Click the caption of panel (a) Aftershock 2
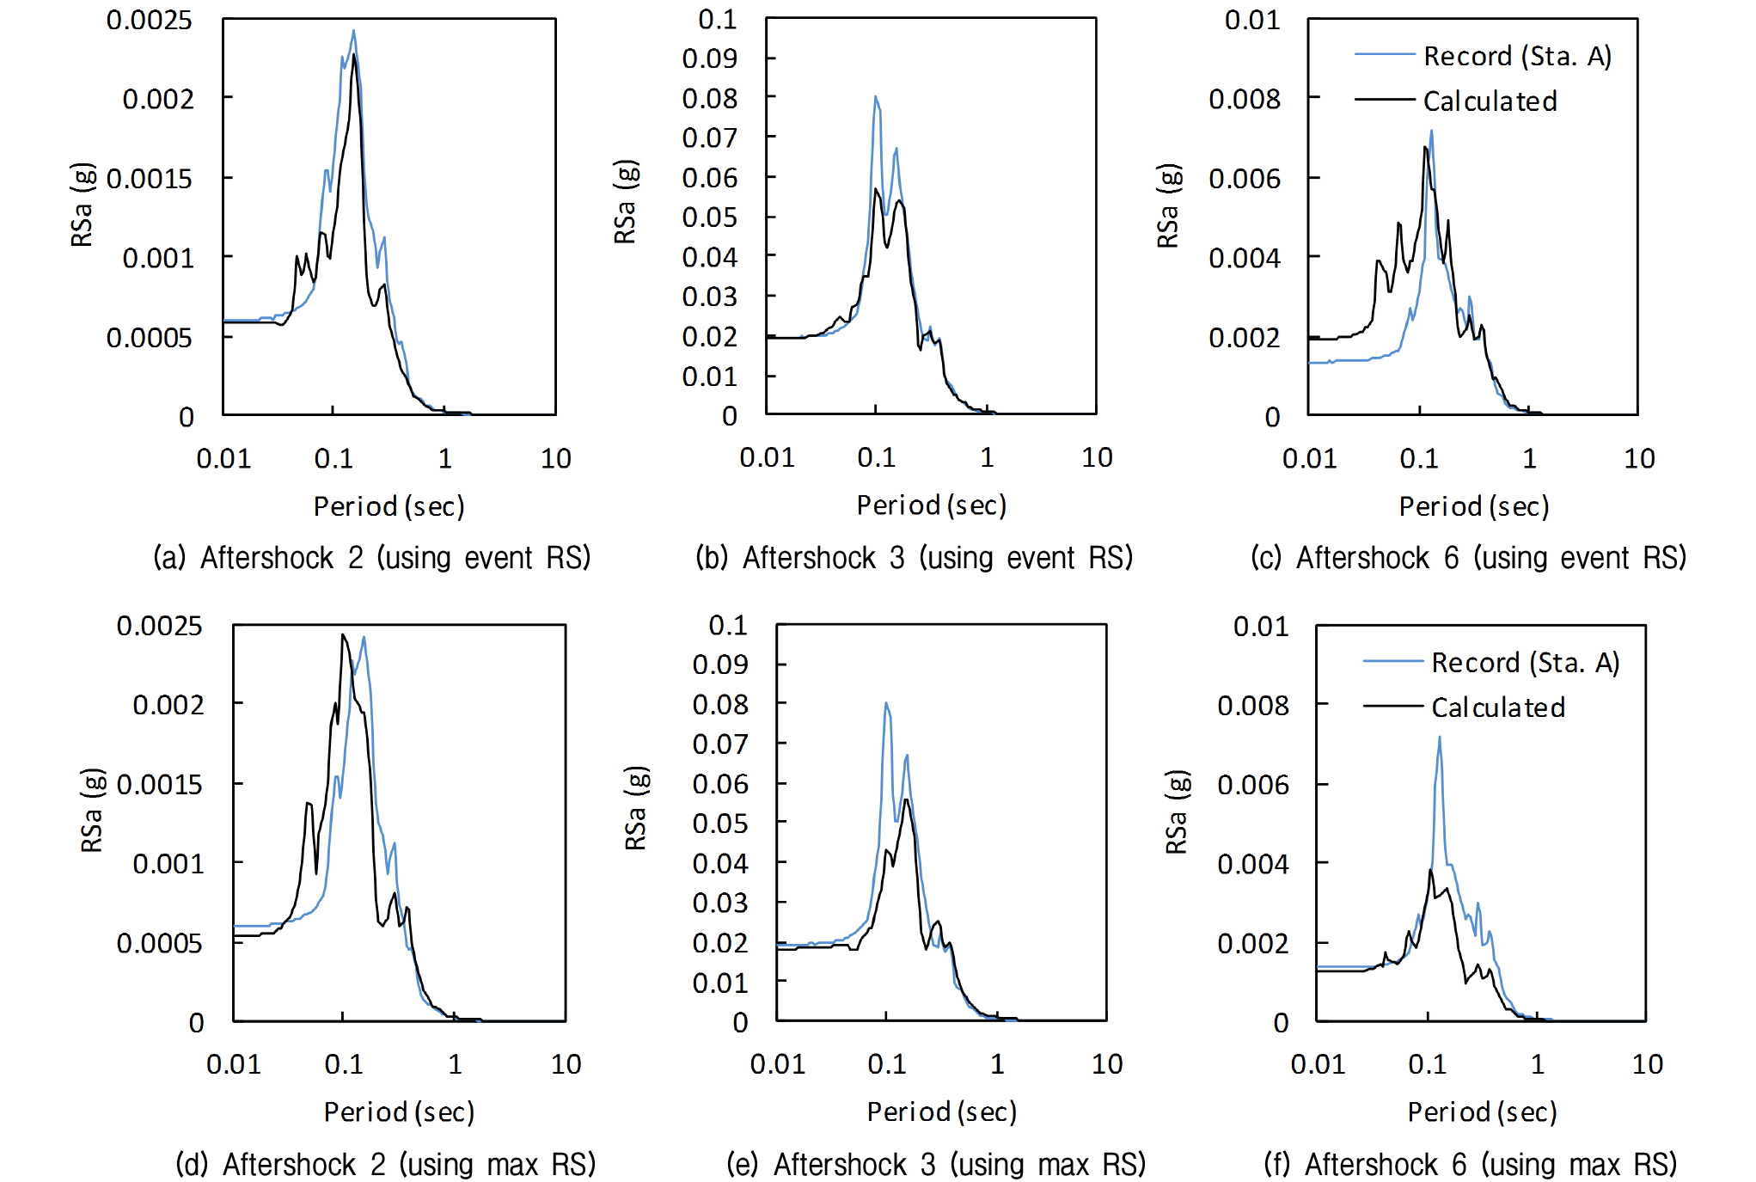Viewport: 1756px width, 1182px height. (371, 558)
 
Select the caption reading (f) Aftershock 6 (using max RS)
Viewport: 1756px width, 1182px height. (1470, 1164)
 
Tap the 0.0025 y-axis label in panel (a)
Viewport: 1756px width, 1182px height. (149, 20)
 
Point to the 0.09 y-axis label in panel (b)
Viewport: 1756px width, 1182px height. (709, 58)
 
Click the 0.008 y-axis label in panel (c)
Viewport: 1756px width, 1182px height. (1244, 99)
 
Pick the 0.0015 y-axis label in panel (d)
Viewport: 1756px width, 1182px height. (159, 784)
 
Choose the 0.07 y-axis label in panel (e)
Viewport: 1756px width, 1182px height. (719, 744)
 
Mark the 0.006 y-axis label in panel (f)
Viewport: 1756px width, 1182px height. (1252, 784)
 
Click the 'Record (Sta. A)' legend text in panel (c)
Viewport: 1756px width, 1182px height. (1517, 56)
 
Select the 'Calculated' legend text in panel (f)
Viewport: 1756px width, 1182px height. (1498, 707)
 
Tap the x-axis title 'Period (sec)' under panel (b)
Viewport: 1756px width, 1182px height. (931, 505)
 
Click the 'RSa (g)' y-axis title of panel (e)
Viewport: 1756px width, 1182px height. (635, 808)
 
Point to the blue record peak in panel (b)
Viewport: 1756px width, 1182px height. (876, 97)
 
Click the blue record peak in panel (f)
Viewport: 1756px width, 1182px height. (1439, 738)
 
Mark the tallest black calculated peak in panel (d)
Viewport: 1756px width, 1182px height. (343, 635)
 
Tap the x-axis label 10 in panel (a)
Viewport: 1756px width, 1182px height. (555, 458)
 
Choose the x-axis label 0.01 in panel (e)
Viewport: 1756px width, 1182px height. (777, 1064)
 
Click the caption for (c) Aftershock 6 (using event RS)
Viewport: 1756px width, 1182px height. (1468, 558)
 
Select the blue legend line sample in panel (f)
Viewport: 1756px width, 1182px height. (1392, 661)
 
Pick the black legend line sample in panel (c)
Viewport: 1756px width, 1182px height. (1384, 100)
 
